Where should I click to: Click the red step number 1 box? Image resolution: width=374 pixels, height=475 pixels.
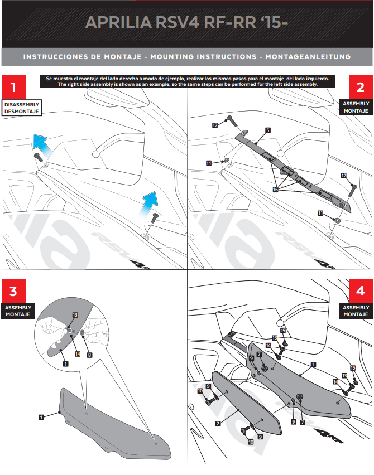click(14, 88)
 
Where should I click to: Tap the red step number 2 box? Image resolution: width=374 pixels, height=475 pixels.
click(359, 88)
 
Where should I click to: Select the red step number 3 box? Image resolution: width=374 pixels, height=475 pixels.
click(14, 292)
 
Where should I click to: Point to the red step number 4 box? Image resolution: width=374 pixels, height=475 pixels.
click(359, 292)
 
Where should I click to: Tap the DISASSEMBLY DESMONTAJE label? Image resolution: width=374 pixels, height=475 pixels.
click(21, 108)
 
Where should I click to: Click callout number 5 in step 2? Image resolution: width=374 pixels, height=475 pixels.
click(268, 129)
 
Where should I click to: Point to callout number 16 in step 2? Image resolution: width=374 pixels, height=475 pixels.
click(275, 190)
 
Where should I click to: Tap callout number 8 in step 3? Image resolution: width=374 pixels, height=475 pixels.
click(89, 354)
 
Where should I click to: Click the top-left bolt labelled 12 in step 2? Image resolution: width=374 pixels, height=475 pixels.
click(229, 119)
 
